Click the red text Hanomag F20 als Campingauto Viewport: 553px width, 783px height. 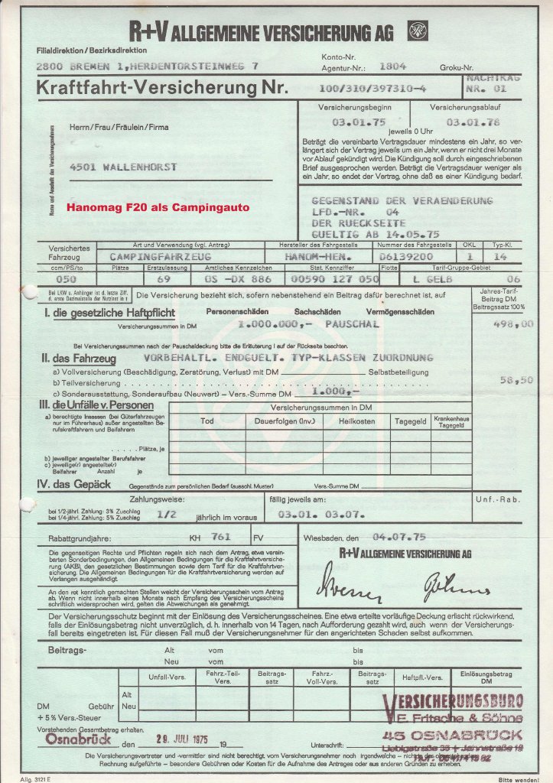tap(157, 207)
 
